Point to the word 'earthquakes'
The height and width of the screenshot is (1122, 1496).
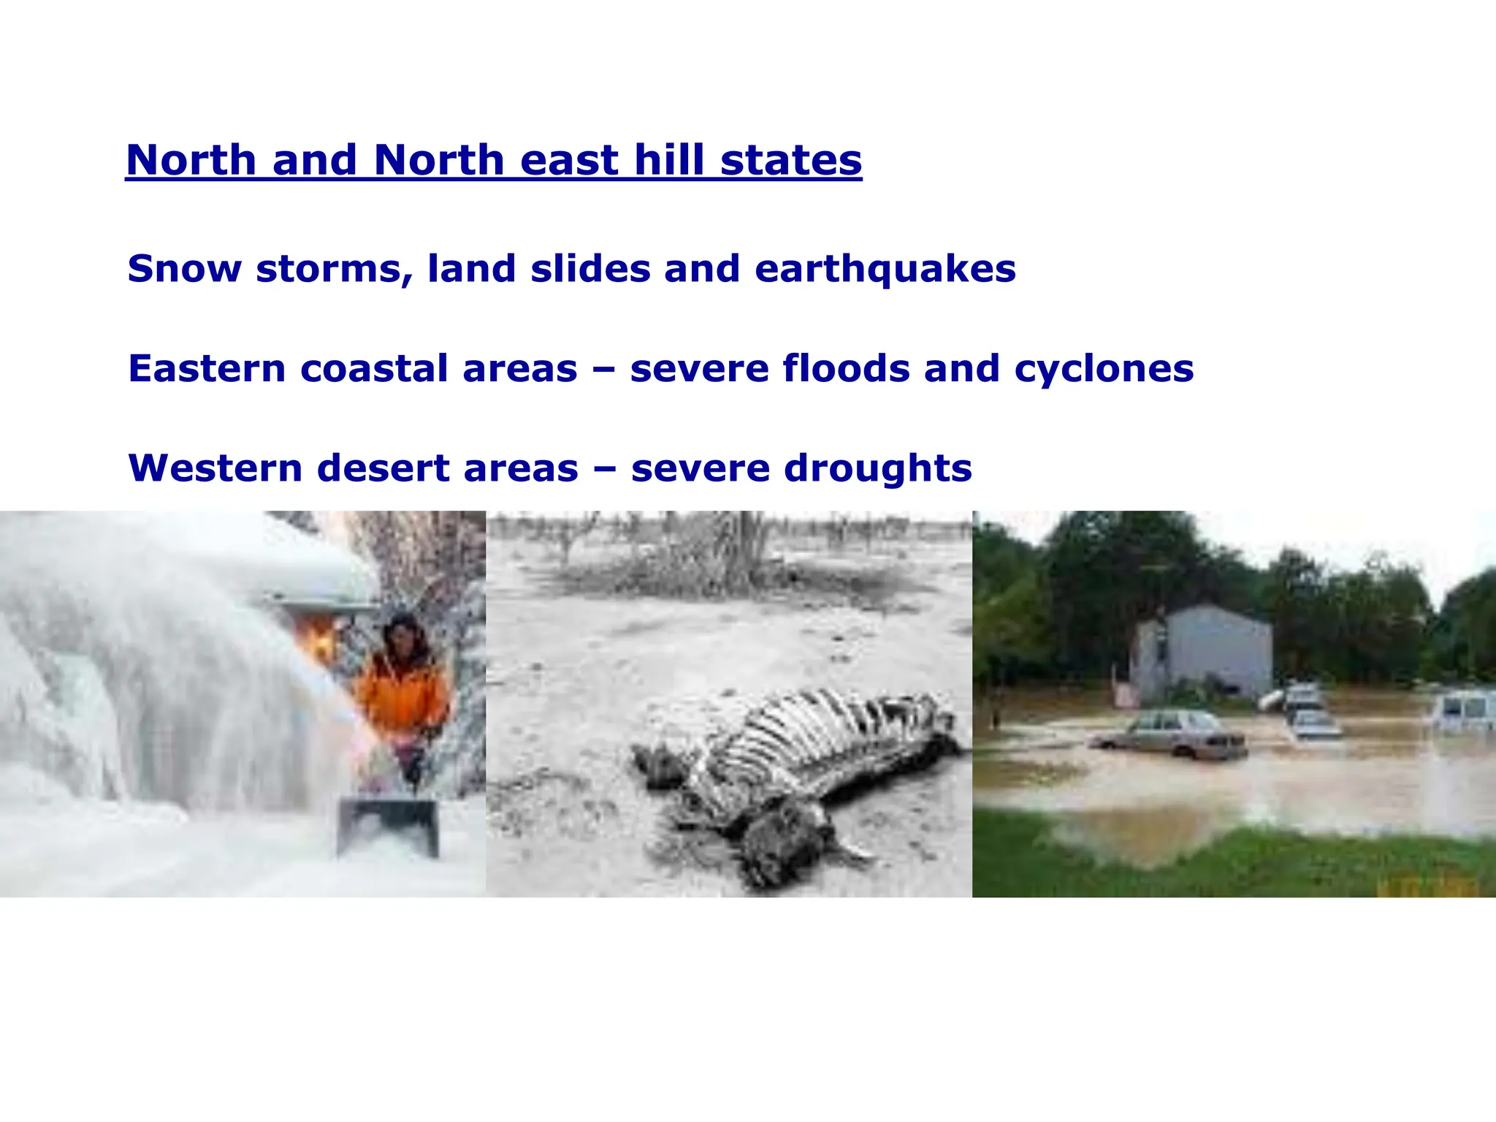point(885,270)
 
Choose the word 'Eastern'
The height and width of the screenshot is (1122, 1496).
point(207,368)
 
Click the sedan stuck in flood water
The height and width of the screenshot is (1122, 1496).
point(1172,734)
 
